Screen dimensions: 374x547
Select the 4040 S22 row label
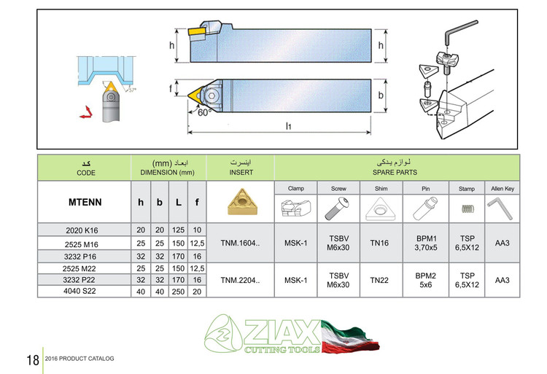click(81, 292)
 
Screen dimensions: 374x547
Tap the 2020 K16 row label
click(81, 229)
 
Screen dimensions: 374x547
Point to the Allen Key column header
click(502, 187)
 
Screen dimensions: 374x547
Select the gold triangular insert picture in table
click(241, 203)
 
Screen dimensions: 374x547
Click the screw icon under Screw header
click(338, 210)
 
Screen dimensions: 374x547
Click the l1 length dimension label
click(289, 125)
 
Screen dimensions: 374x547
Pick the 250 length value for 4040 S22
click(176, 292)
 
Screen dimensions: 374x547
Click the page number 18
click(31, 360)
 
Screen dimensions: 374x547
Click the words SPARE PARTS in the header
click(397, 172)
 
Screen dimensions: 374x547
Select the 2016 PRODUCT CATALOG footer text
click(79, 359)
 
